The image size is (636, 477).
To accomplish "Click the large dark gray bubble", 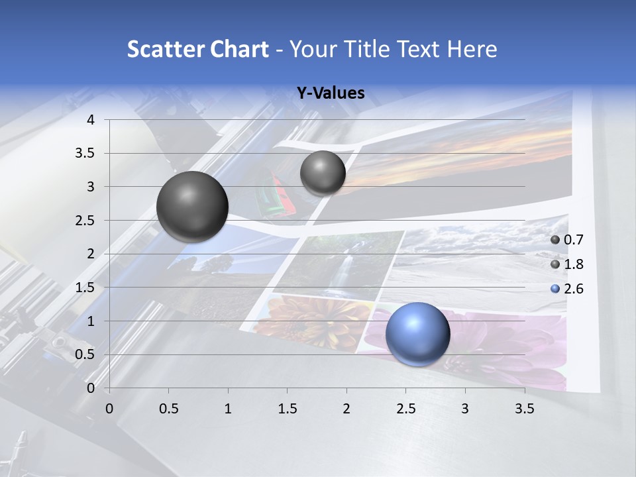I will coord(192,207).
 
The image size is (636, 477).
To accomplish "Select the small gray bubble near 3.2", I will coord(323,173).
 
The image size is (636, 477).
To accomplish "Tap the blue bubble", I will coord(417,334).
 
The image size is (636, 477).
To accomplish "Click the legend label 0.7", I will coord(574,240).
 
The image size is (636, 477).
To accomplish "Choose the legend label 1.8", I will coord(574,264).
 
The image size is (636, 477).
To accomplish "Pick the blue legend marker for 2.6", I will coord(555,289).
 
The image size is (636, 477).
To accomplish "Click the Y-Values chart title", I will coord(330,93).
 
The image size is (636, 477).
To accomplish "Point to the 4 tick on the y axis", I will coord(91,120).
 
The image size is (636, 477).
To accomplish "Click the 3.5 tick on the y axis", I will coord(87,153).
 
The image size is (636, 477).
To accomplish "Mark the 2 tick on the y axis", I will coord(91,254).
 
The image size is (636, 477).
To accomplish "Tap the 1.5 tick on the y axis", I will coord(87,288).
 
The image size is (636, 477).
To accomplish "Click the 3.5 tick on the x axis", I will coord(524,409).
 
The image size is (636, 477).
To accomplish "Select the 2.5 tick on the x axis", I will coord(405,409).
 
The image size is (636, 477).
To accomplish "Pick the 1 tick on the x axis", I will coord(228,409).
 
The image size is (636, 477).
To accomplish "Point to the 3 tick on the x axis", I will coord(464,409).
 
